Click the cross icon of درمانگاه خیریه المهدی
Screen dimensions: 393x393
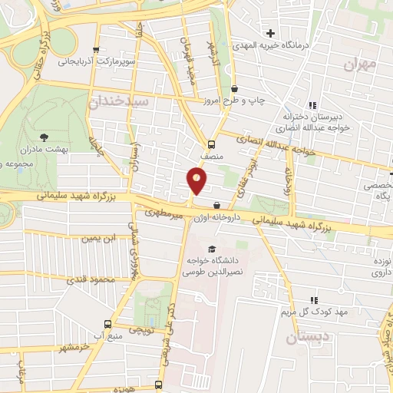point(270,33)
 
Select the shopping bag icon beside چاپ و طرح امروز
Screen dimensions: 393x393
point(234,88)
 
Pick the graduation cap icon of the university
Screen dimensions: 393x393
point(211,247)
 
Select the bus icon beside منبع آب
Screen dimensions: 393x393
point(107,324)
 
